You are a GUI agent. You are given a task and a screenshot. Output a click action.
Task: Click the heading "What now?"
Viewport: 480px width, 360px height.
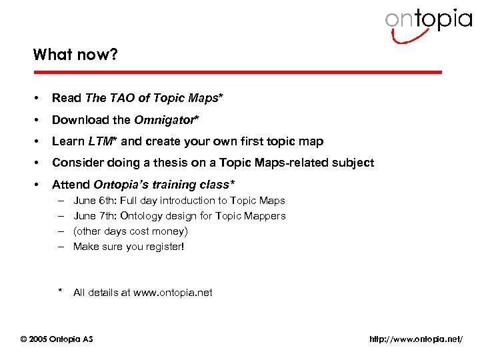pyautogui.click(x=75, y=55)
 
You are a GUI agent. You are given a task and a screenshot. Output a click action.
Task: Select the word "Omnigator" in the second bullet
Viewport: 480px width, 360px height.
pyautogui.click(x=165, y=120)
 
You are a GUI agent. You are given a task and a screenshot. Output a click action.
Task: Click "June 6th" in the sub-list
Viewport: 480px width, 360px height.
pyautogui.click(x=93, y=201)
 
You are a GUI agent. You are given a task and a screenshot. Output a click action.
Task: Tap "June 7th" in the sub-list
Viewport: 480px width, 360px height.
pyautogui.click(x=93, y=216)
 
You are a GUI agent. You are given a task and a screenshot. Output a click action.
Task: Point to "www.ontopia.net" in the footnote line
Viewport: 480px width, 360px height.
pyautogui.click(x=173, y=293)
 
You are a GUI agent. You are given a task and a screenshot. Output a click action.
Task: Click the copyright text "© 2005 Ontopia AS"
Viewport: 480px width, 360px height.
pyautogui.click(x=57, y=339)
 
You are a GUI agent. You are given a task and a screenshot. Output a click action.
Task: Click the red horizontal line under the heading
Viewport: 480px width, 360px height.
pyautogui.click(x=237, y=72)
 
